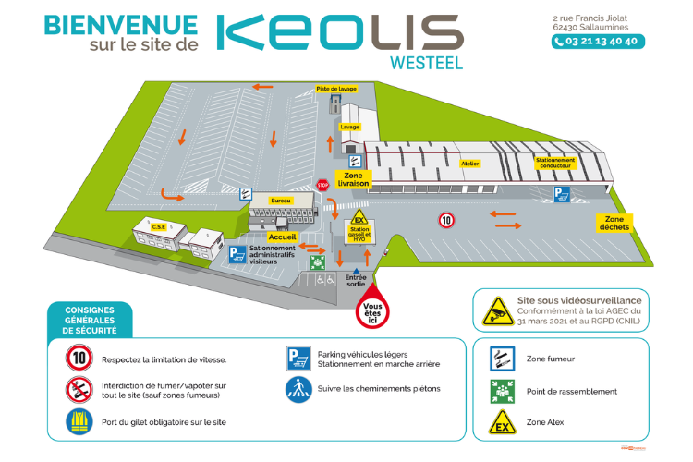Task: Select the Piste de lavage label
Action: (336, 89)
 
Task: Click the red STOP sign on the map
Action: (322, 184)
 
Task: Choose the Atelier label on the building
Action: (469, 164)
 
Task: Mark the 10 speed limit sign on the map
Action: (446, 220)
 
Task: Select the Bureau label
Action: (281, 200)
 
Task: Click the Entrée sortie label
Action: (356, 281)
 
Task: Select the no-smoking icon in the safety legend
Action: (79, 389)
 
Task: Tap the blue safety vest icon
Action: (79, 422)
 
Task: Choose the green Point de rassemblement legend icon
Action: (501, 391)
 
